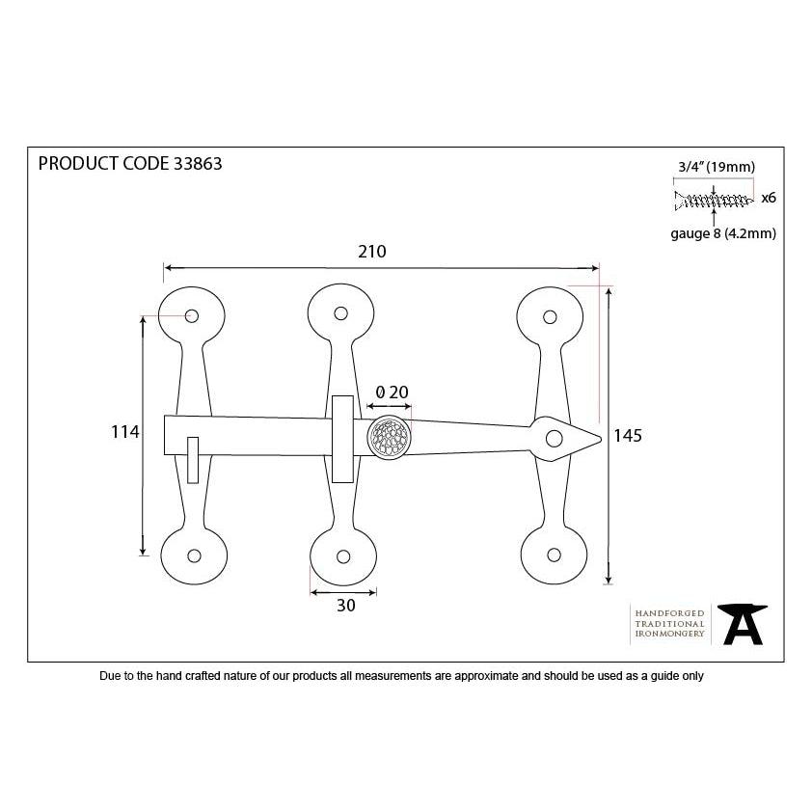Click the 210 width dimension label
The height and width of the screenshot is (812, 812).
372,252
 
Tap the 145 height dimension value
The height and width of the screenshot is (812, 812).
628,436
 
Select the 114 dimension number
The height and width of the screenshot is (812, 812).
124,431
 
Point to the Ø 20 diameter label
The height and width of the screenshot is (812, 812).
392,392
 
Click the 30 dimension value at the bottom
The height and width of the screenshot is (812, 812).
346,606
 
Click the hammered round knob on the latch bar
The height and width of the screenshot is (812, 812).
390,437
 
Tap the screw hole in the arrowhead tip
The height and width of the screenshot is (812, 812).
555,439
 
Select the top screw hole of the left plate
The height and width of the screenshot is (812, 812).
192,315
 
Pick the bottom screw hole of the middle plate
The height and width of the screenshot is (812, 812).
342,556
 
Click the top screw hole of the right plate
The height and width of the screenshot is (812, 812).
550,316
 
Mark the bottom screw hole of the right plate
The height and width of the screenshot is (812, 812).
554,555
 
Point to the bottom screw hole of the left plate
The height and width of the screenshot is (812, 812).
194,555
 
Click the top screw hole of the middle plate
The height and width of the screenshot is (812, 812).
340,313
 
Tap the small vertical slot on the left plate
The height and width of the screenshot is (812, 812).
193,460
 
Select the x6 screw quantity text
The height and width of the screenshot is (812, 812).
769,198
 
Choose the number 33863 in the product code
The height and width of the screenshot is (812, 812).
198,164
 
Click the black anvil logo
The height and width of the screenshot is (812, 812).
743,624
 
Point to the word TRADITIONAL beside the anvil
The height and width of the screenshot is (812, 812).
669,624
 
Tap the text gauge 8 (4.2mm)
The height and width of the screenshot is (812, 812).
723,233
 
